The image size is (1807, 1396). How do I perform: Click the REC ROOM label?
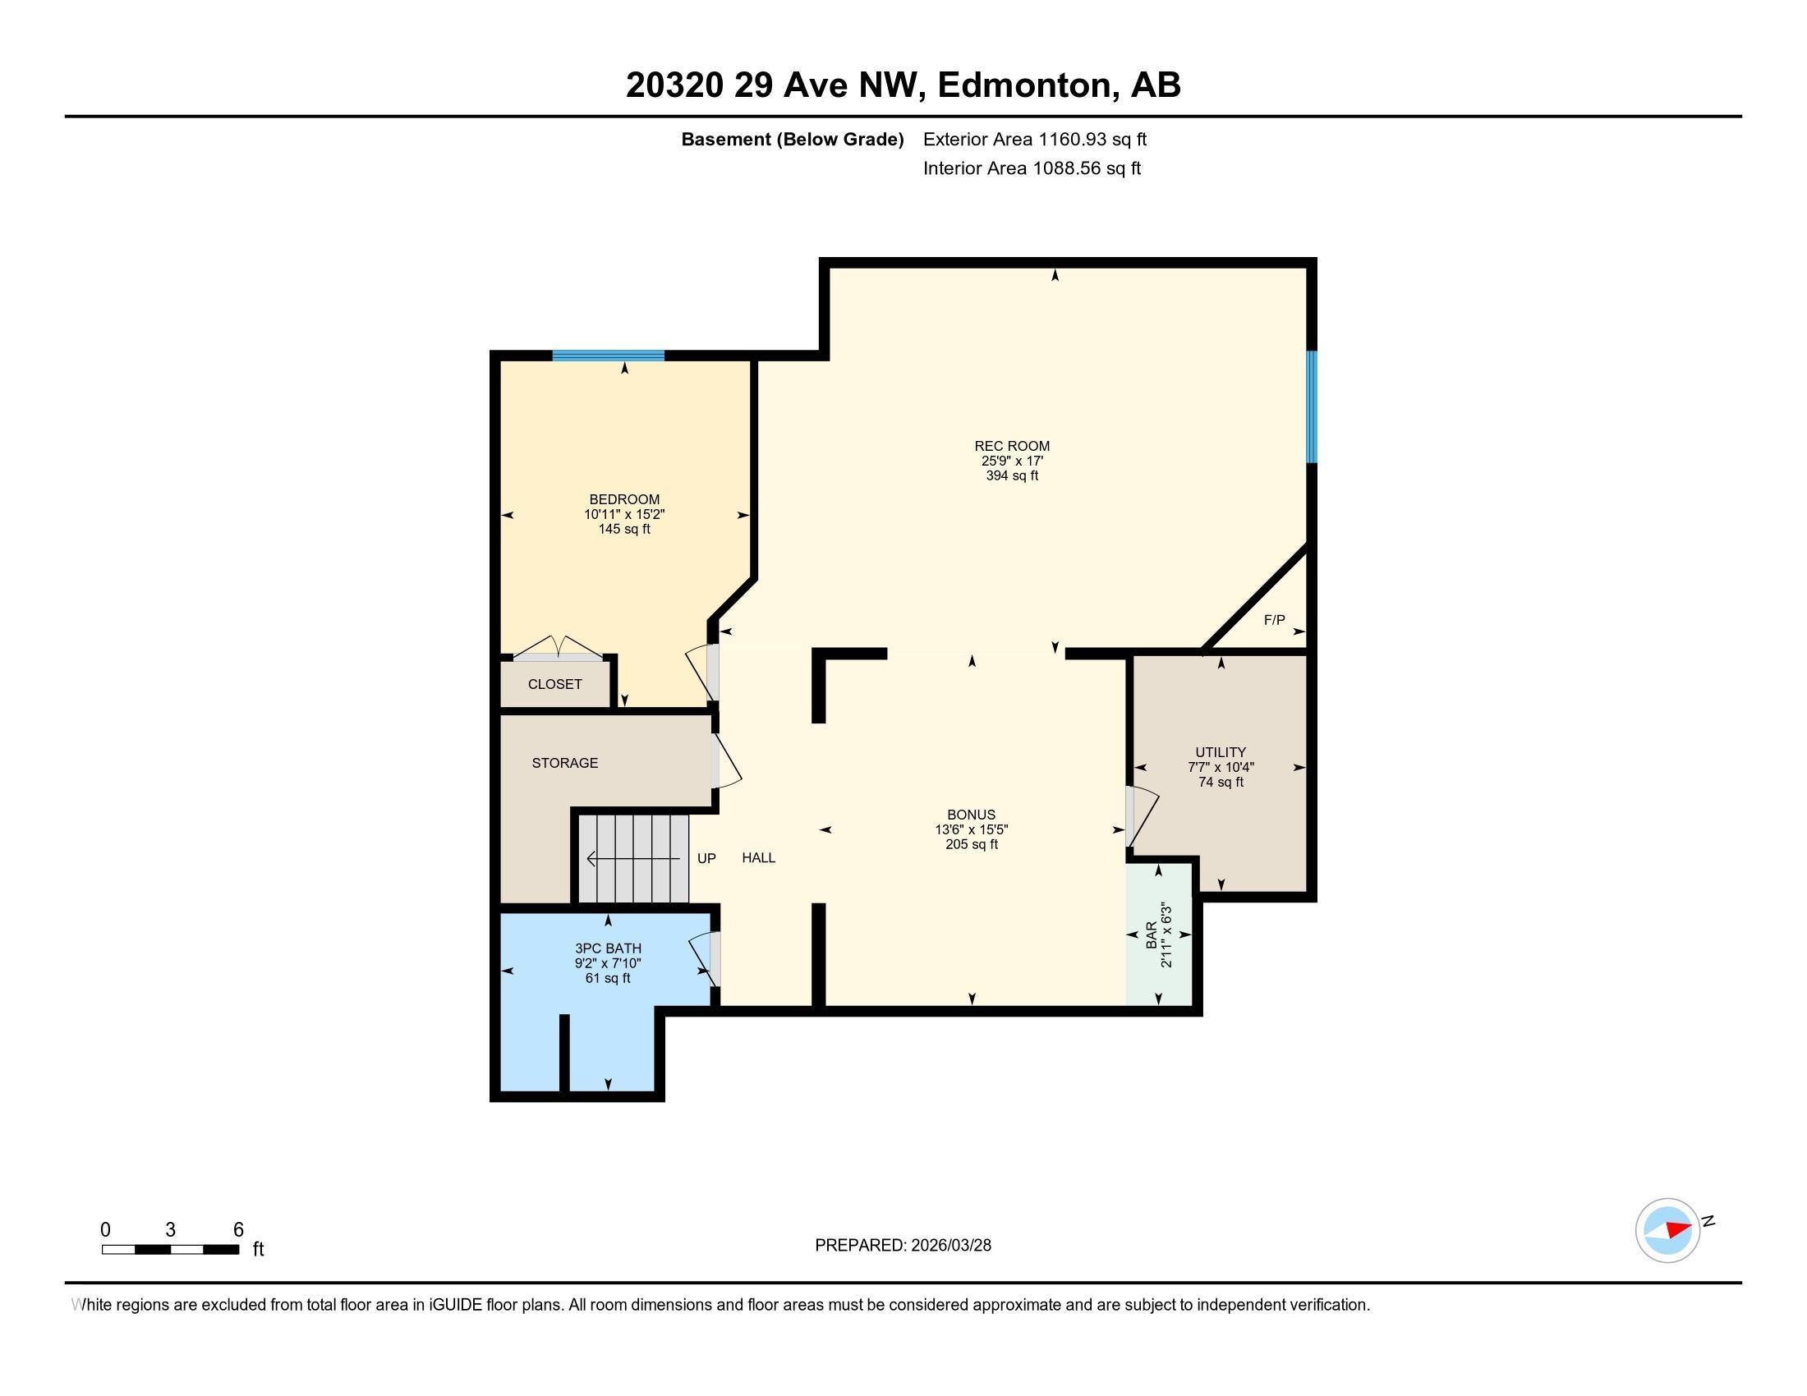(x=1011, y=446)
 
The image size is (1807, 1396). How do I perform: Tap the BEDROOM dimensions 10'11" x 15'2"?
(x=624, y=513)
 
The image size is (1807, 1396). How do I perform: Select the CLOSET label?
(x=554, y=684)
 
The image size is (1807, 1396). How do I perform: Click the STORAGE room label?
(x=564, y=763)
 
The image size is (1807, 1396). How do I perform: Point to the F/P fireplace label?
(x=1274, y=619)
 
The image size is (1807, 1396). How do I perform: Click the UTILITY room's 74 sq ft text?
(x=1221, y=782)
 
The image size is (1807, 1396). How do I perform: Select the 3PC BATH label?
(x=608, y=948)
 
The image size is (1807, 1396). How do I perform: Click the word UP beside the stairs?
(x=706, y=858)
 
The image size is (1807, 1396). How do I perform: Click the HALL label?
(x=758, y=857)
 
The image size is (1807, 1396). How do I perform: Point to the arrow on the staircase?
(x=633, y=859)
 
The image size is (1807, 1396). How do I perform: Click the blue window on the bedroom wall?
(x=608, y=356)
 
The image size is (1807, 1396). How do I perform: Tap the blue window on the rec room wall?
(x=1312, y=406)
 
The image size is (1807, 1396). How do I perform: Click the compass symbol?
(x=1667, y=1230)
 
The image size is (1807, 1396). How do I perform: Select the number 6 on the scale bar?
(x=238, y=1230)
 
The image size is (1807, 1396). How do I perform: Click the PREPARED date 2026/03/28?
(x=949, y=1246)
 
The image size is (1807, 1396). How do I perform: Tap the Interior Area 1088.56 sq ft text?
(x=1032, y=168)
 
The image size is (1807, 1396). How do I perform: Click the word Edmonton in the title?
(x=1024, y=85)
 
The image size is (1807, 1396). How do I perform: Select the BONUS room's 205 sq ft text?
(x=972, y=844)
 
